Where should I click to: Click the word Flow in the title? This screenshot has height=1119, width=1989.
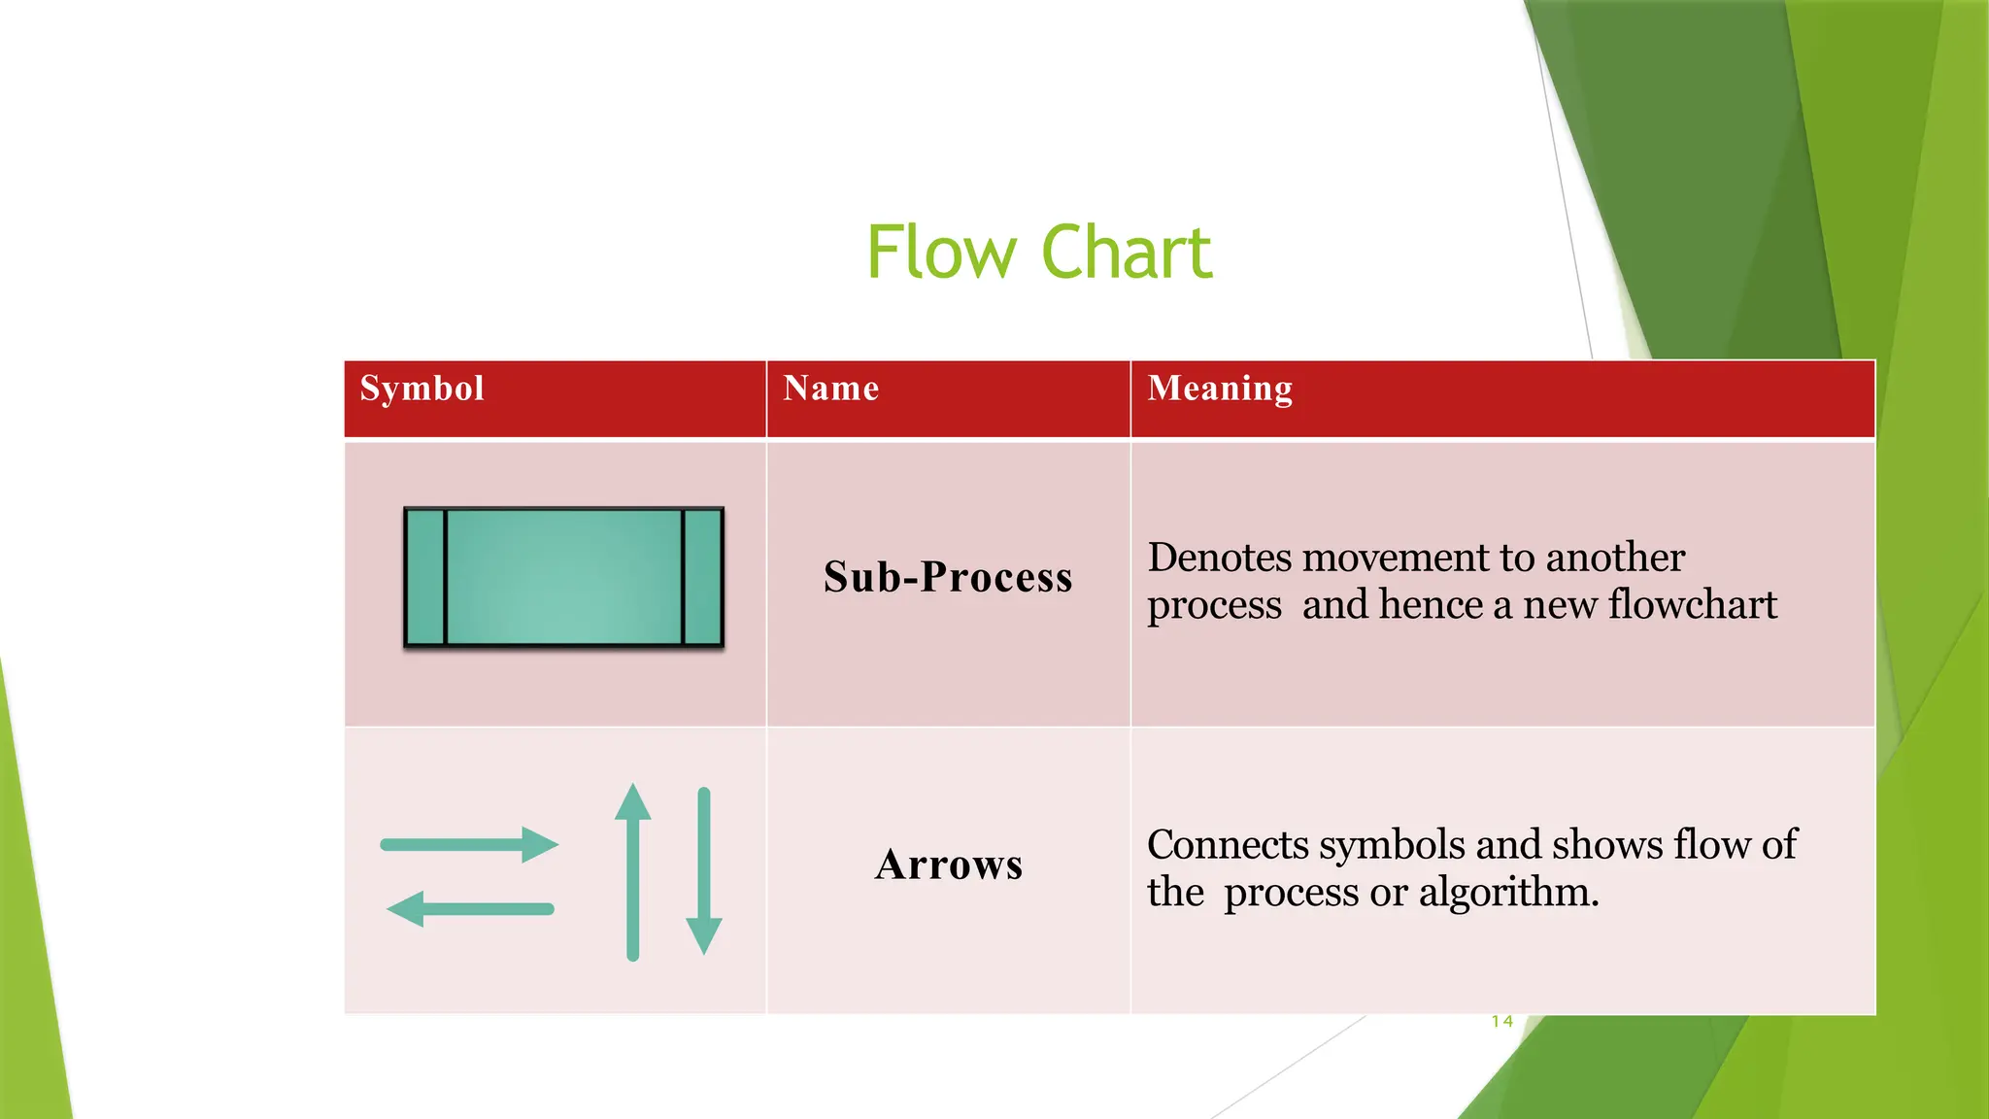(940, 253)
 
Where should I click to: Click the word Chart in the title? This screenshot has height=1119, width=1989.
(1127, 253)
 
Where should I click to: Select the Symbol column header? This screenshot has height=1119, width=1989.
(421, 389)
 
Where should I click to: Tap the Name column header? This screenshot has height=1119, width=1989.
(831, 389)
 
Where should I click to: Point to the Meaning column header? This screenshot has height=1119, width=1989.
(1220, 389)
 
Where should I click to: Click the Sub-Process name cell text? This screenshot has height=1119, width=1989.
(948, 577)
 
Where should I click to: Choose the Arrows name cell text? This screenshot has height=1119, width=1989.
(949, 865)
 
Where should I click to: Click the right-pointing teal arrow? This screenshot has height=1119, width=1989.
(468, 844)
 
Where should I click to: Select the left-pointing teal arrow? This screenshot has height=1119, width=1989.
(470, 909)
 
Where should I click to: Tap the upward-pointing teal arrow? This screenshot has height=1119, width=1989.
(633, 870)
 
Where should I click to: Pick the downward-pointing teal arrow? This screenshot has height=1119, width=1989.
(704, 870)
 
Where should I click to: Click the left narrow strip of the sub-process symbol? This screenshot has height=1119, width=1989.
(425, 577)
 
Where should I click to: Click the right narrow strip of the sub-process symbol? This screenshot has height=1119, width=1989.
(703, 577)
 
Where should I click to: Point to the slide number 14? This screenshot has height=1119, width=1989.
(1502, 1021)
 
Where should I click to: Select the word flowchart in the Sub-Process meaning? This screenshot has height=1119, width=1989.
(1692, 604)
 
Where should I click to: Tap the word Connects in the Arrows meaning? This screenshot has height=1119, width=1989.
(1228, 845)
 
